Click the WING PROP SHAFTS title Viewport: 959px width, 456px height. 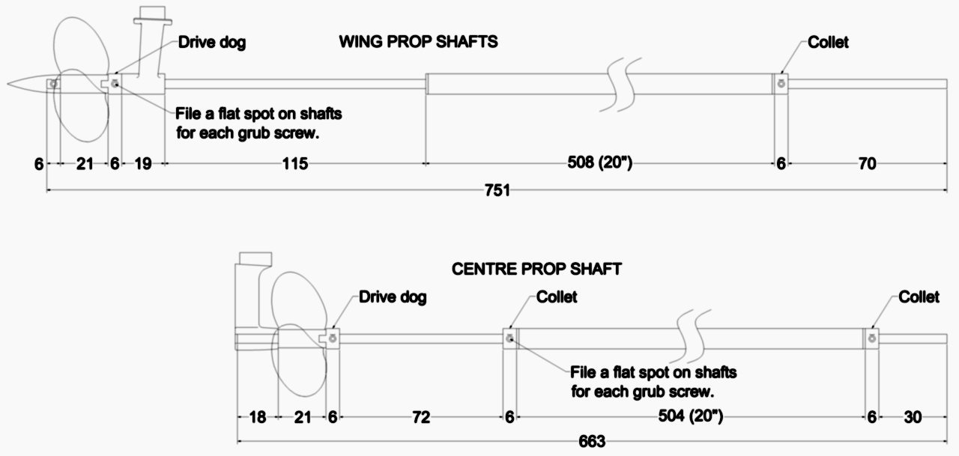coord(418,42)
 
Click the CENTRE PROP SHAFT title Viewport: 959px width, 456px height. coord(536,269)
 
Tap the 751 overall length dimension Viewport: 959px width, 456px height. coord(497,190)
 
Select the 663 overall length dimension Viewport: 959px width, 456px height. coord(592,441)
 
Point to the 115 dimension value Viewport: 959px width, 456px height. coord(295,163)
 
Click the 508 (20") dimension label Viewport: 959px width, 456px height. coord(600,162)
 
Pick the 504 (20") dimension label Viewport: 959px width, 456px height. coord(691,416)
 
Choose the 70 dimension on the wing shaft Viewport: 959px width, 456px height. coord(868,163)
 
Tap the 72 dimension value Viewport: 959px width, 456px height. coord(421,417)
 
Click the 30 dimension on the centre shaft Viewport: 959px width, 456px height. coord(913,417)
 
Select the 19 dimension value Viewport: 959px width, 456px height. coord(143,163)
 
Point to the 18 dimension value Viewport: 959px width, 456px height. coord(257,417)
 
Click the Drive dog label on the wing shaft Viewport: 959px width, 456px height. coord(212,43)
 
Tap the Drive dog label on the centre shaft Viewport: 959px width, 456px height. coord(393,297)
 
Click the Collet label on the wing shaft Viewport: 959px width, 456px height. coord(828,43)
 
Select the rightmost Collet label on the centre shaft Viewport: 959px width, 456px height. coord(919,297)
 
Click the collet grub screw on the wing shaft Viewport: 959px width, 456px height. coord(781,84)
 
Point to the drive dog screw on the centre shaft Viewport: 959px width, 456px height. coord(333,338)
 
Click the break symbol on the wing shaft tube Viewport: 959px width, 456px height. coord(621,85)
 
